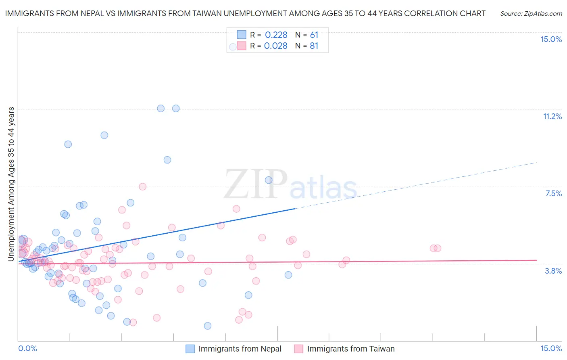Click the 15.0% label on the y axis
click(x=551, y=39)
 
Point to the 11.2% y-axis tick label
click(x=552, y=116)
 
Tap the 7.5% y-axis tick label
click(x=553, y=193)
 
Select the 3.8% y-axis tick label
click(x=553, y=271)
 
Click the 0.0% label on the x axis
click(x=27, y=348)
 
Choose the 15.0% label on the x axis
click(x=551, y=348)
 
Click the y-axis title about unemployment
click(x=11, y=184)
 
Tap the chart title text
click(x=245, y=13)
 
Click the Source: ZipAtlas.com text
click(x=531, y=13)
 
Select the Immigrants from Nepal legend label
click(x=240, y=349)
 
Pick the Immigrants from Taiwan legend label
click(x=351, y=349)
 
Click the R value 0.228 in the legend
click(x=276, y=35)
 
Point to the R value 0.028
click(x=276, y=46)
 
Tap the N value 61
click(x=314, y=35)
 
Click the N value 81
click(x=314, y=46)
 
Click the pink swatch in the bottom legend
click(x=298, y=349)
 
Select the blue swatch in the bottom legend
click(x=190, y=349)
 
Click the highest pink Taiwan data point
click(x=142, y=186)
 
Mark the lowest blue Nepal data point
click(x=208, y=326)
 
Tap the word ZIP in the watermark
click(x=256, y=184)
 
